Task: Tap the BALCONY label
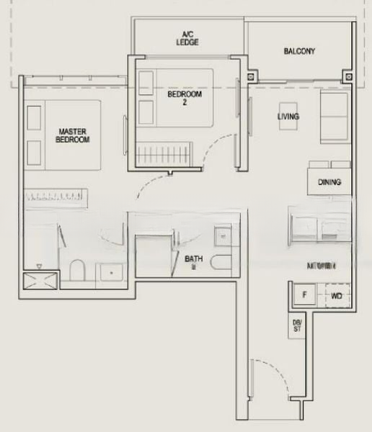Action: click(x=298, y=51)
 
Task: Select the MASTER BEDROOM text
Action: click(x=73, y=135)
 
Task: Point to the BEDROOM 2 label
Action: click(x=185, y=97)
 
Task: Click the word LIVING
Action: click(x=288, y=116)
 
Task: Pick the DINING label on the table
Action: click(x=329, y=182)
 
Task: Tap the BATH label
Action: click(x=193, y=260)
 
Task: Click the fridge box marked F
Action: click(x=304, y=295)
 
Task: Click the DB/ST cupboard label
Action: click(x=297, y=326)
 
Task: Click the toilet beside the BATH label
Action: click(x=223, y=260)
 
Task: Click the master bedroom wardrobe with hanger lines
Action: click(x=56, y=196)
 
